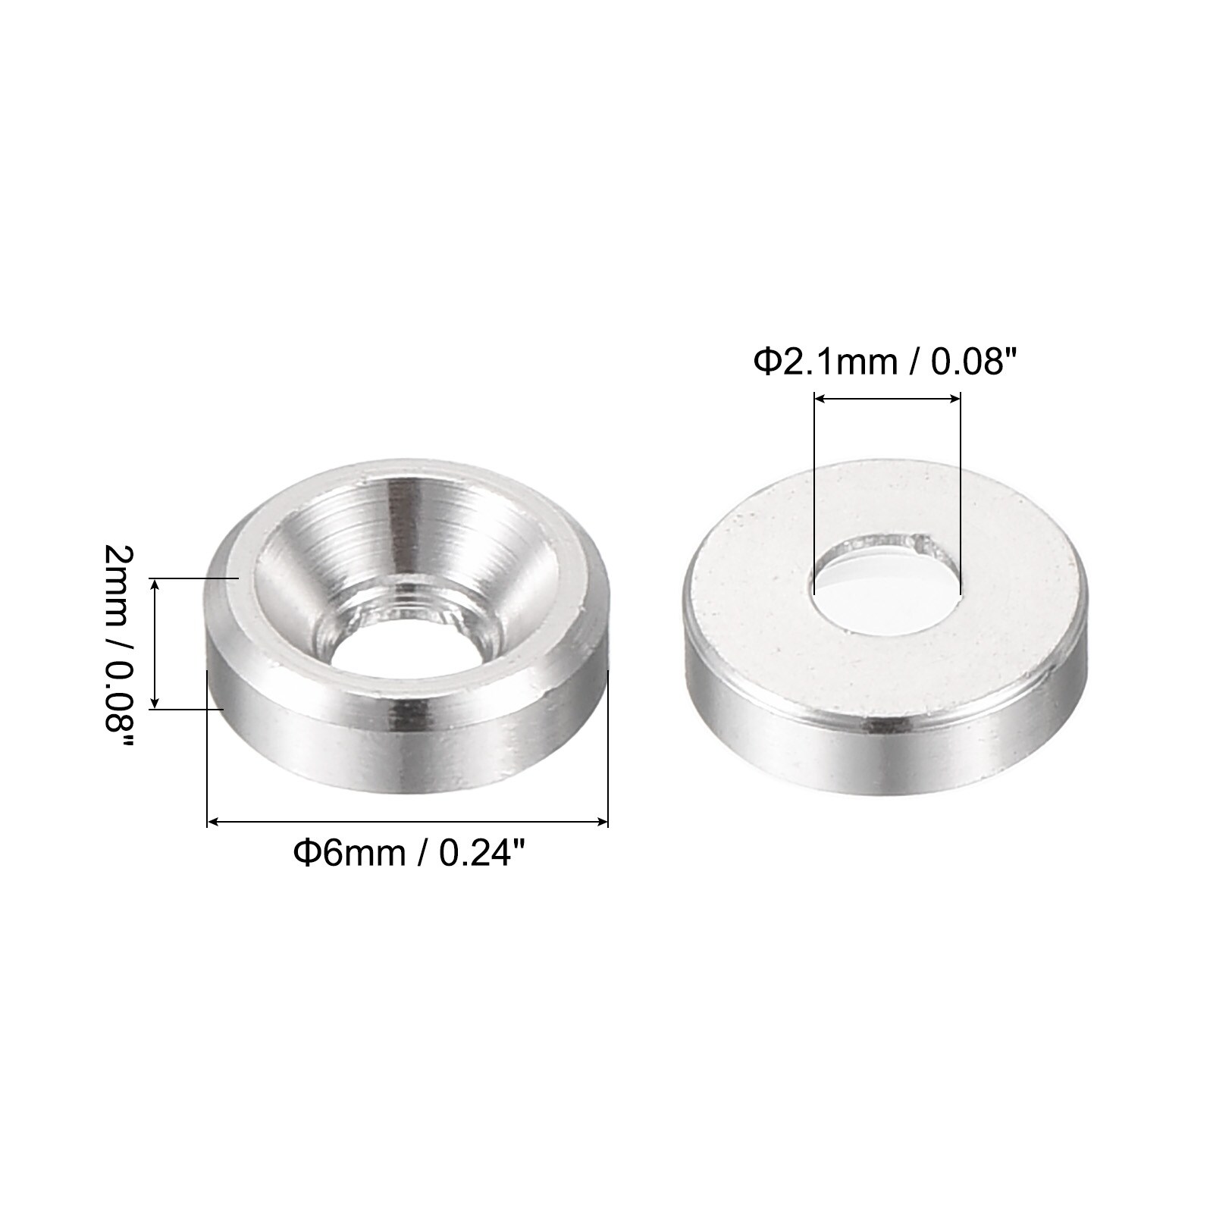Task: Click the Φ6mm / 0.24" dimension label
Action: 409,854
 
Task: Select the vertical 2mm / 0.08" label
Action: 118,648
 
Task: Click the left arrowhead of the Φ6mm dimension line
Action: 213,821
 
